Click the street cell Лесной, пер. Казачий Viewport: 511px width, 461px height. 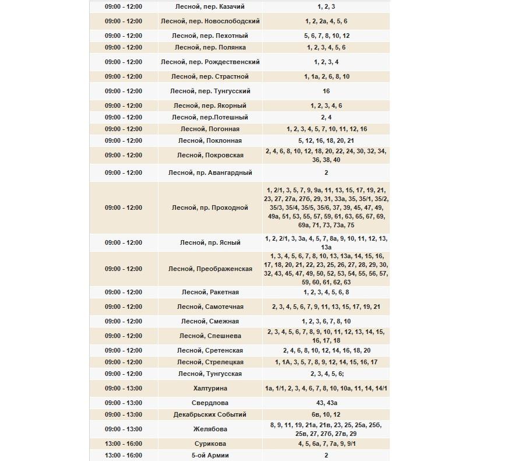(210, 6)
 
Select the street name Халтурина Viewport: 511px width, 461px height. (210, 388)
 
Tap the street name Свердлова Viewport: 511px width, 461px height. (210, 403)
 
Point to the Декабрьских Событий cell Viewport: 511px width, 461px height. (210, 414)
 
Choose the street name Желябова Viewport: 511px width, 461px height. (210, 429)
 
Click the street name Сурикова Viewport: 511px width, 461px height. (210, 444)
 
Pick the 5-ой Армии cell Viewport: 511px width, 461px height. (210, 455)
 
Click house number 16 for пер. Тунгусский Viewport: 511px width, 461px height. (326, 91)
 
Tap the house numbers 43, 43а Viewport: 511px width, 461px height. (326, 403)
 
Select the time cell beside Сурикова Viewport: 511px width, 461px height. (123, 444)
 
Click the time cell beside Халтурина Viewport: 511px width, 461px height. (123, 388)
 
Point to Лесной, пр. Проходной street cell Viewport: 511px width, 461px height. (210, 207)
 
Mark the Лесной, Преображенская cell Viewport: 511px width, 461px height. (210, 269)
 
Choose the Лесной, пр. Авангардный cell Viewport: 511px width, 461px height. (210, 173)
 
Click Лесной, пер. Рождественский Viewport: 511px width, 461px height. (210, 62)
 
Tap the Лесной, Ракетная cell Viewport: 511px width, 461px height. (210, 292)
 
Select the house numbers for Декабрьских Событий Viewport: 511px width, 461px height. (326, 414)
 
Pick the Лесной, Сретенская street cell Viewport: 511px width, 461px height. (210, 350)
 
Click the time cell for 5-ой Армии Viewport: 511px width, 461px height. (123, 455)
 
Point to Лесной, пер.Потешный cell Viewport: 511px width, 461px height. (210, 117)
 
